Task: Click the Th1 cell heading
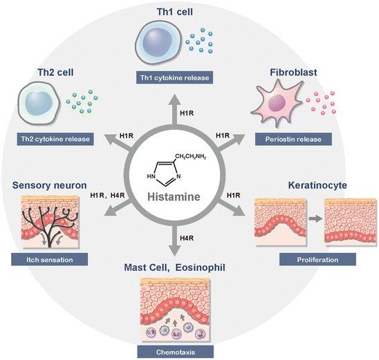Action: tap(188, 10)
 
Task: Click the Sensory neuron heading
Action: tap(48, 185)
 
